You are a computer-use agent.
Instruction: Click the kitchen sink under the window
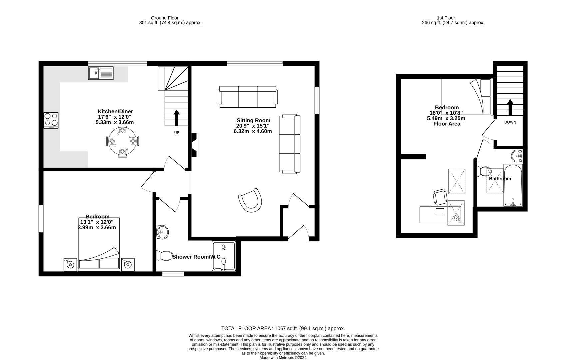pos(101,73)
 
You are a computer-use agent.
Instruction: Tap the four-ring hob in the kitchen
pos(51,120)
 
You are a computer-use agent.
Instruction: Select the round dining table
pos(122,142)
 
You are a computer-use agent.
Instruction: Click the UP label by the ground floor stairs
pos(177,133)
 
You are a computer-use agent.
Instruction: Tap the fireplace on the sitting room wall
pos(194,145)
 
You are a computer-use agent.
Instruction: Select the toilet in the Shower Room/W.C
pos(163,256)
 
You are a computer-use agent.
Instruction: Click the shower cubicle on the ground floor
pos(224,256)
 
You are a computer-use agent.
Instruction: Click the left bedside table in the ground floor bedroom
pos(70,264)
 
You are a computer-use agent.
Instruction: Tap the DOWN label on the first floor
pos(510,122)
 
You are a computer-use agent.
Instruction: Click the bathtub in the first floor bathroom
pos(513,185)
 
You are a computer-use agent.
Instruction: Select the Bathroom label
pos(500,179)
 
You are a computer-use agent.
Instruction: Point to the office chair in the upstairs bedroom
pos(440,197)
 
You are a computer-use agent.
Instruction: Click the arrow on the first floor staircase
pos(510,107)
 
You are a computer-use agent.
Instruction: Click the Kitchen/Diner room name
pos(115,111)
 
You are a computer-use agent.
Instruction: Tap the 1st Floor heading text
pos(446,18)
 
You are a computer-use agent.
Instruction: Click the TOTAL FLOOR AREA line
pos(283,328)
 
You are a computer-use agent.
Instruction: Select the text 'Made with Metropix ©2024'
pos(283,358)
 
